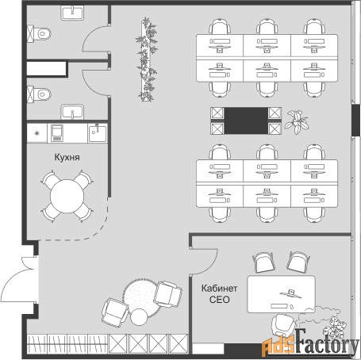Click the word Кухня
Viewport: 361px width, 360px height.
coord(67,157)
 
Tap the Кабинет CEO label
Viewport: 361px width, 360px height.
coord(219,294)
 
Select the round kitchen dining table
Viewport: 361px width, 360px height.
coord(67,196)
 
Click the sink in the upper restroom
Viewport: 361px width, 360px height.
coord(72,13)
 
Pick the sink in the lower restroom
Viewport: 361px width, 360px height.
coord(72,112)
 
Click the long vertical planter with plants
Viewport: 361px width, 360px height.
coord(147,59)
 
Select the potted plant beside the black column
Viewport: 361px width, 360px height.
coord(297,122)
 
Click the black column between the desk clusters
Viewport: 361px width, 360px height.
coord(246,121)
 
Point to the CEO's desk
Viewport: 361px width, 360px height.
coord(282,294)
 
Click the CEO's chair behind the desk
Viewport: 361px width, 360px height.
coord(283,325)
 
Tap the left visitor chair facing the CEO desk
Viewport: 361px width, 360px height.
coord(263,262)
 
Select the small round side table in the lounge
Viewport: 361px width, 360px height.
coord(139,317)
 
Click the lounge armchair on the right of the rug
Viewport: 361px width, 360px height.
coord(167,294)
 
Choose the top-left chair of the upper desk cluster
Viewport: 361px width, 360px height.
coord(220,26)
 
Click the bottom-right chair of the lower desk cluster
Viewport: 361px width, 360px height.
coord(314,215)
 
